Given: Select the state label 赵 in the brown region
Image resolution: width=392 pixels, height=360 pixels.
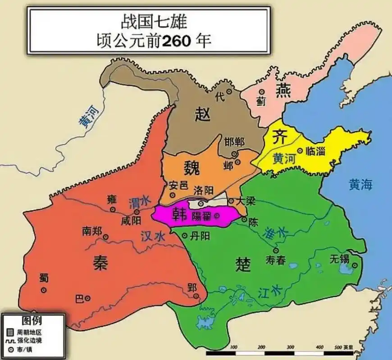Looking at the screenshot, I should [x=202, y=115].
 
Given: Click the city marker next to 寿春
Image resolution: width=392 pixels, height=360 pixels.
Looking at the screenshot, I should [x=276, y=251].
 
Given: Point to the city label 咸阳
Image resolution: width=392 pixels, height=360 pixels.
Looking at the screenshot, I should [x=131, y=221].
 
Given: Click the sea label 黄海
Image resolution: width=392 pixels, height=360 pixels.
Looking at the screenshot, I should [x=360, y=184].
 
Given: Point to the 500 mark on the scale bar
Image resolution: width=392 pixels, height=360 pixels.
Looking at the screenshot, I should [x=339, y=347].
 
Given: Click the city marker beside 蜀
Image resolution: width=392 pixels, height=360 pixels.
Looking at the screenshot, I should [x=44, y=290].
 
